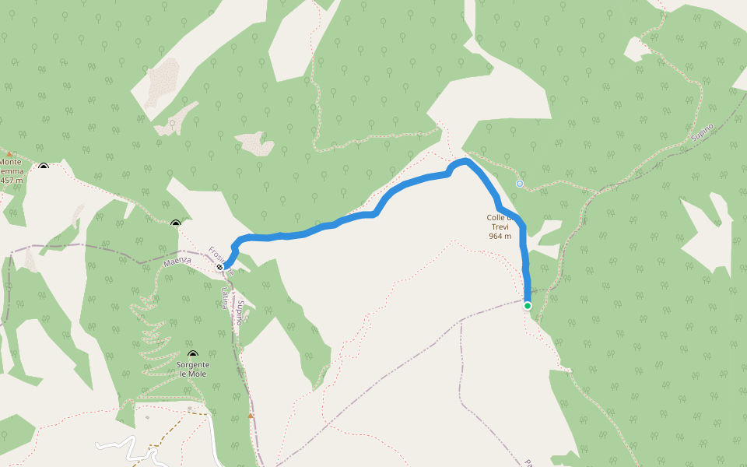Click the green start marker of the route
[528, 306]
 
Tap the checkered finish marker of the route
[220, 267]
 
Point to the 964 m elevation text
[500, 236]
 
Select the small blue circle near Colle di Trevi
[520, 184]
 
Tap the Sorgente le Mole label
[193, 369]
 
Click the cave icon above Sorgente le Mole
[193, 355]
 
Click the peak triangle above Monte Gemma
[9, 155]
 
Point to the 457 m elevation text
[12, 180]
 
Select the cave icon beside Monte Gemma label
[44, 166]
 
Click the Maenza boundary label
[177, 262]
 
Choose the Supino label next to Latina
[241, 312]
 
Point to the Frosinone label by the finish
[219, 255]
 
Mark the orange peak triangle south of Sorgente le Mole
[250, 416]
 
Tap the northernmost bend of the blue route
[464, 160]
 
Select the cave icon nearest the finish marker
[175, 224]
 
